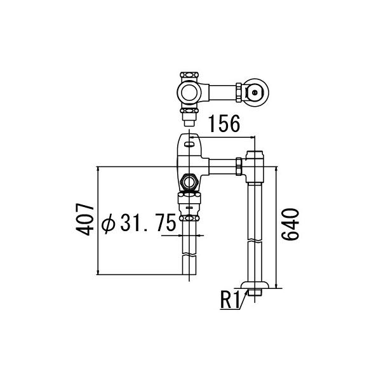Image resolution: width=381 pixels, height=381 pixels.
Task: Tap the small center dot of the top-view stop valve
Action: [x=255, y=93]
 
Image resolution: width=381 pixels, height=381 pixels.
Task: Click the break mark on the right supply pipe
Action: [x=255, y=242]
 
